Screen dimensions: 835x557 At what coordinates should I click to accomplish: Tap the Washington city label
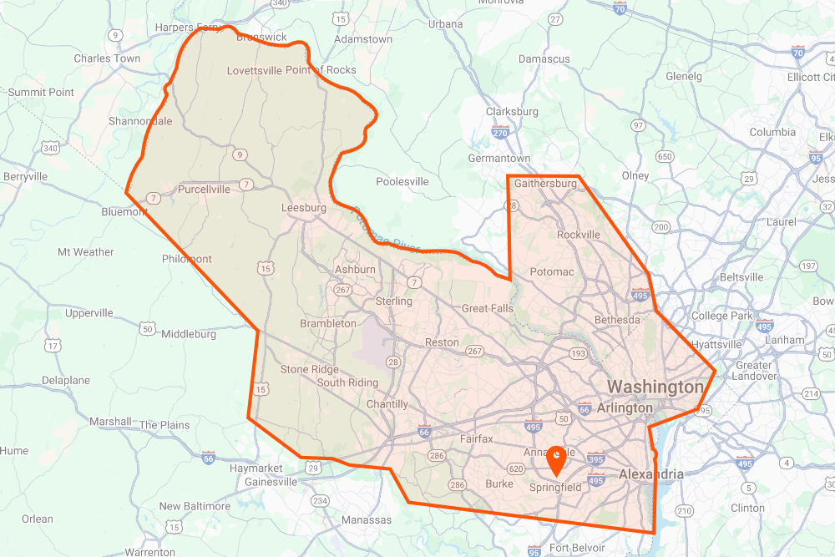click(x=655, y=387)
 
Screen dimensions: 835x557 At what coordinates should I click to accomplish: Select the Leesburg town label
click(x=304, y=208)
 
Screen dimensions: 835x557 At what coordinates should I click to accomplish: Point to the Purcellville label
click(x=204, y=190)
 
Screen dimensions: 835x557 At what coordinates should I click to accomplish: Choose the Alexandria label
click(x=650, y=474)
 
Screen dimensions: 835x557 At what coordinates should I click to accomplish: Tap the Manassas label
click(x=367, y=520)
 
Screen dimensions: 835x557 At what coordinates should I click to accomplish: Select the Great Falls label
click(x=488, y=308)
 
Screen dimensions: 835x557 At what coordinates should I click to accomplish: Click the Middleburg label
click(x=189, y=334)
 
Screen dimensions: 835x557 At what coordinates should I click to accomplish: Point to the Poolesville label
click(x=402, y=181)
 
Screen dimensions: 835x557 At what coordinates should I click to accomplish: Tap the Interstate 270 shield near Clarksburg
click(x=500, y=132)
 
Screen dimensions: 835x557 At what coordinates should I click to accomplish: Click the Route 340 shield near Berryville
click(x=50, y=148)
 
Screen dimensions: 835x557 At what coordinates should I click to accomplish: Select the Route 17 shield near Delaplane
click(x=53, y=345)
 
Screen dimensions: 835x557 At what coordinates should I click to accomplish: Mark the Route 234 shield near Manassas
click(x=320, y=500)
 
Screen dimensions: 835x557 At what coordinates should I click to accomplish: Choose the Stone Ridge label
click(x=310, y=369)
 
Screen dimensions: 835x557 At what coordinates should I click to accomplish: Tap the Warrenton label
click(x=149, y=552)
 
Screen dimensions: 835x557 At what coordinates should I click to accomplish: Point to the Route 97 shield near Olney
click(x=638, y=125)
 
